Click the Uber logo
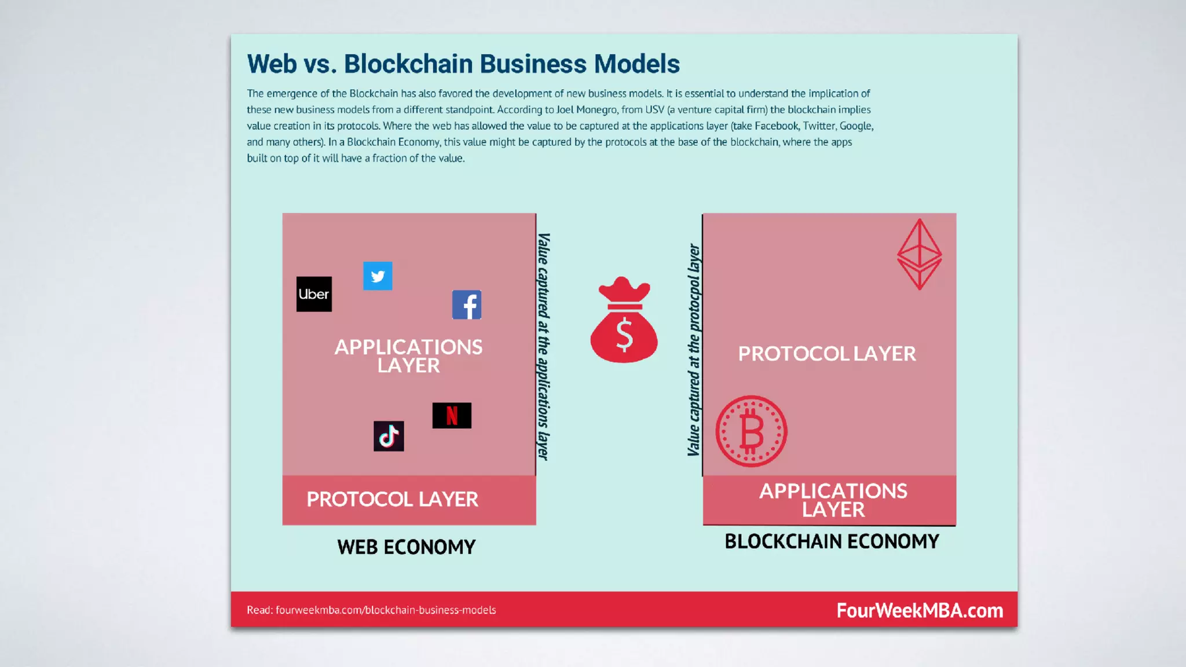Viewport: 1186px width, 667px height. [x=314, y=294]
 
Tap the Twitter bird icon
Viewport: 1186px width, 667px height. [x=378, y=276]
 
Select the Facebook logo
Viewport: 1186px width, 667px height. [x=467, y=305]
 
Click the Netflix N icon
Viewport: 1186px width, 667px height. [x=452, y=416]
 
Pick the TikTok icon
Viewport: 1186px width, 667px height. [x=389, y=436]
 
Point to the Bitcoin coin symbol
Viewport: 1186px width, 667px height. [x=751, y=431]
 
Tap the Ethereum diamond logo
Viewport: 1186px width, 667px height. [x=919, y=254]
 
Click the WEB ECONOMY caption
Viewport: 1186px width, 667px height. [x=407, y=547]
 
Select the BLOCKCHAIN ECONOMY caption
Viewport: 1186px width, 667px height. [x=832, y=541]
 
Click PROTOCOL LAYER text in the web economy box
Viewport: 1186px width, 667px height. [x=392, y=499]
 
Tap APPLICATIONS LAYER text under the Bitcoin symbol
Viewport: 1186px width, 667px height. [x=833, y=500]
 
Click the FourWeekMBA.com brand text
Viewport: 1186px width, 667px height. [x=920, y=610]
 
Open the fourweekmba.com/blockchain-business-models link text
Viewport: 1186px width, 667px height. [x=386, y=610]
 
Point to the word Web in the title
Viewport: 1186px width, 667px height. [x=272, y=64]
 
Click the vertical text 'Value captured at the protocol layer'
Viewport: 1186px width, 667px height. [x=694, y=350]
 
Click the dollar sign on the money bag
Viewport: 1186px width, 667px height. [x=624, y=336]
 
